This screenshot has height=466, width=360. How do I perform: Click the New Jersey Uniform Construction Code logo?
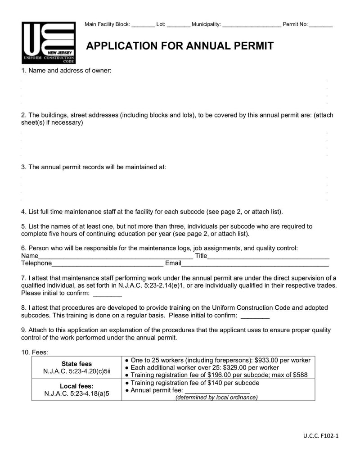click(49, 43)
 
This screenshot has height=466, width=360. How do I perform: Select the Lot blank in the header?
click(178, 25)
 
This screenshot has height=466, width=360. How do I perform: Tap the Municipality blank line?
click(252, 25)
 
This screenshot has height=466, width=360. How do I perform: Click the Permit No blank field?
click(321, 25)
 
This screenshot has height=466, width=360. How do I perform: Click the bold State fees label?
click(76, 364)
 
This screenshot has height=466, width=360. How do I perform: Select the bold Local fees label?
click(76, 386)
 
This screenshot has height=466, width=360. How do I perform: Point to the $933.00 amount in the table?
click(268, 360)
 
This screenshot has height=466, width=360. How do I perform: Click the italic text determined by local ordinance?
click(216, 398)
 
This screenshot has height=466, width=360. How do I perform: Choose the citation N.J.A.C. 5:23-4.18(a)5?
click(76, 394)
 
